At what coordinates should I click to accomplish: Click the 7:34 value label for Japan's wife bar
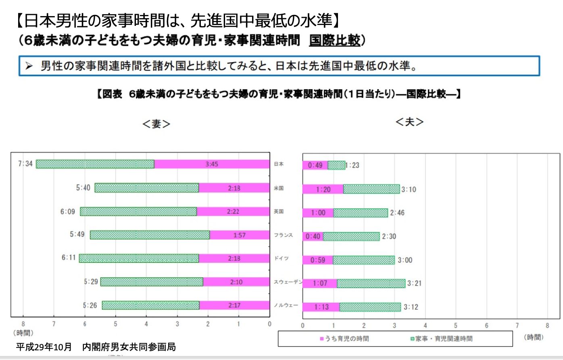tap(25, 164)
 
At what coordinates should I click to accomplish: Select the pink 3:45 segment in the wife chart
tap(212, 164)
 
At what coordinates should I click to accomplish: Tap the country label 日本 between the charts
tap(279, 164)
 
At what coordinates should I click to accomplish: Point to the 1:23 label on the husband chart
tap(352, 165)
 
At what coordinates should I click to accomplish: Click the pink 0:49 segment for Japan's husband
tap(315, 165)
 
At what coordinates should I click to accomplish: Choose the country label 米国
tap(279, 188)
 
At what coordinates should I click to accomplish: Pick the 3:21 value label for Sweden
tap(414, 283)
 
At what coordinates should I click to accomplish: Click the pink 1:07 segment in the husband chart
tap(320, 283)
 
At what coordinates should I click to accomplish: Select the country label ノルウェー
tap(286, 305)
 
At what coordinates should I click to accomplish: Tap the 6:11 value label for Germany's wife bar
tap(69, 257)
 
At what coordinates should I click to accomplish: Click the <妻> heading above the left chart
tap(156, 124)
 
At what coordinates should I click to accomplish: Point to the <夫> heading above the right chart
tap(409, 121)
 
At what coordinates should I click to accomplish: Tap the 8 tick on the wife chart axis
tap(23, 324)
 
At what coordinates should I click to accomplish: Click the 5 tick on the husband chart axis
tap(456, 326)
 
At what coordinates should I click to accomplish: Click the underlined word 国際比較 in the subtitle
tap(334, 40)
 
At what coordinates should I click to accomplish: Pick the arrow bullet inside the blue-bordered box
tap(29, 66)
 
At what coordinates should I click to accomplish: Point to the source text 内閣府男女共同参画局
tap(129, 347)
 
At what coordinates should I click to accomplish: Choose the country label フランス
tap(283, 235)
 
